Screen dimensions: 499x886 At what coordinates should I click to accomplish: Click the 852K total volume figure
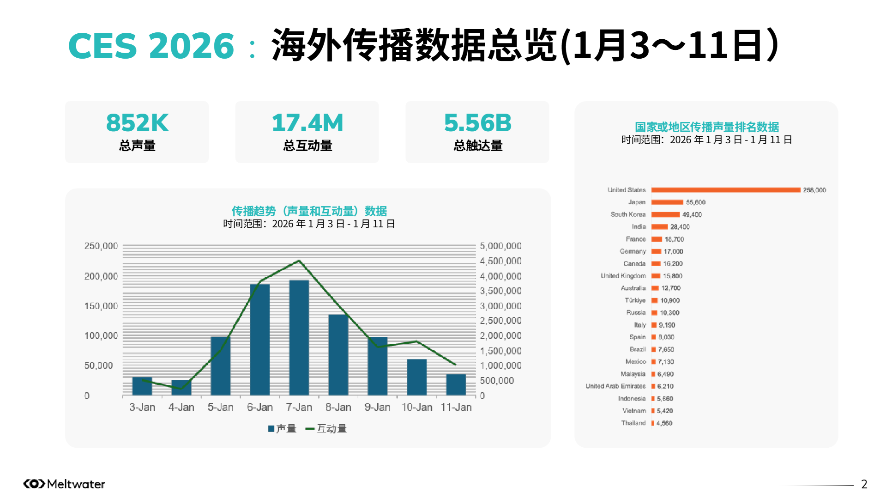pyautogui.click(x=137, y=123)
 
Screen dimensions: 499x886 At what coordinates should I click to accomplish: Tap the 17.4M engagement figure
pyautogui.click(x=307, y=123)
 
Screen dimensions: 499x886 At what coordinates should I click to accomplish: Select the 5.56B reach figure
pyautogui.click(x=477, y=123)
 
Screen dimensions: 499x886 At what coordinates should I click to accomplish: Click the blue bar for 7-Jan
pyautogui.click(x=299, y=337)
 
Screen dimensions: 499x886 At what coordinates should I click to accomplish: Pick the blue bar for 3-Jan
pyautogui.click(x=142, y=386)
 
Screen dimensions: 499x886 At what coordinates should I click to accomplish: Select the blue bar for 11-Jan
pyautogui.click(x=456, y=384)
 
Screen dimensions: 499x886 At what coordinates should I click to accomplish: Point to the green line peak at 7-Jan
pyautogui.click(x=299, y=261)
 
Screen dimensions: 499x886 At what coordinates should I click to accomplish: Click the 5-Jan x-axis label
pyautogui.click(x=220, y=408)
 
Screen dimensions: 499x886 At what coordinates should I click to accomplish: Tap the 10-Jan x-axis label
pyautogui.click(x=417, y=408)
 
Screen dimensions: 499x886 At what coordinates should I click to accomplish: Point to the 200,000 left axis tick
pyautogui.click(x=101, y=276)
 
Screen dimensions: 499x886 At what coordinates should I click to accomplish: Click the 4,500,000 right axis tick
pyautogui.click(x=500, y=262)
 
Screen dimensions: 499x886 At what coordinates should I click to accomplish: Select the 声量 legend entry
pyautogui.click(x=282, y=429)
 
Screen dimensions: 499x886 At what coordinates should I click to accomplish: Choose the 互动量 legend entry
pyautogui.click(x=326, y=429)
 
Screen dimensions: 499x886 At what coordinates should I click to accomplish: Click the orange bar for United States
pyautogui.click(x=726, y=190)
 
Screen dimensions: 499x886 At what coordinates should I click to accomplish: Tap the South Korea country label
pyautogui.click(x=627, y=214)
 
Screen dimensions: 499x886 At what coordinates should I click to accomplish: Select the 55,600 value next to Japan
pyautogui.click(x=695, y=202)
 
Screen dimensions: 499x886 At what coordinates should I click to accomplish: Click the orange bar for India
pyautogui.click(x=660, y=227)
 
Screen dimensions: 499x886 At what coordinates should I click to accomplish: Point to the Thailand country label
pyautogui.click(x=633, y=423)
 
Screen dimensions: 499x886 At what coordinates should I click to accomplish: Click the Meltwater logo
pyautogui.click(x=64, y=484)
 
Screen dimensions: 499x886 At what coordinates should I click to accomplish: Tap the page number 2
pyautogui.click(x=864, y=484)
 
